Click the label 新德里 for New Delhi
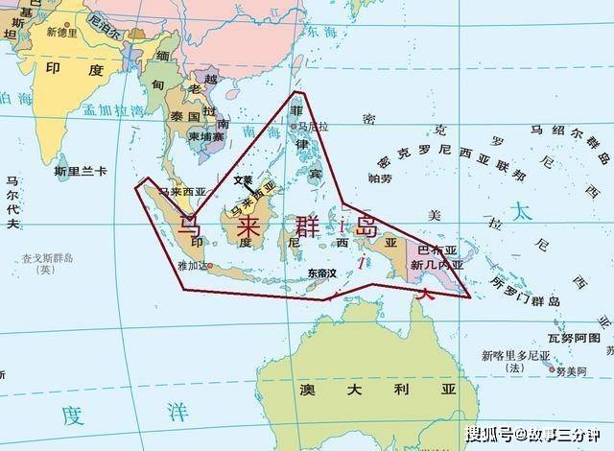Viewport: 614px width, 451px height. pos(63,31)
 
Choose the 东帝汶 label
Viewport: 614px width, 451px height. pos(322,273)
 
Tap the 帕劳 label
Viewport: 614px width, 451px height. pos(381,178)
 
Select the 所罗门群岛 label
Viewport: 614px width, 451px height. pos(525,291)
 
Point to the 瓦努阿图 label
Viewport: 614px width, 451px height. pos(575,338)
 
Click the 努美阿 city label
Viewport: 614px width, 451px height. pos(569,371)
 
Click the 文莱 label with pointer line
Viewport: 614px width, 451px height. pos(244,179)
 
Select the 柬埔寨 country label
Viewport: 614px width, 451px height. pos(205,136)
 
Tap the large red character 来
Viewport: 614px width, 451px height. pos(247,227)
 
